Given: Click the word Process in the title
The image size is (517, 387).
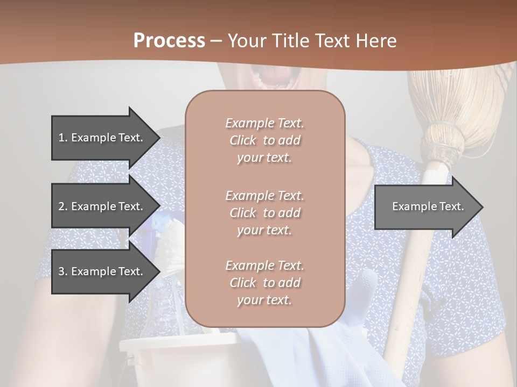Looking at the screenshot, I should (169, 41).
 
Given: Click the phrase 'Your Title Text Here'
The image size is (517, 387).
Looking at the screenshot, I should (312, 41).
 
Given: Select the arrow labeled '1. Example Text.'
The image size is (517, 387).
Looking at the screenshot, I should (102, 138).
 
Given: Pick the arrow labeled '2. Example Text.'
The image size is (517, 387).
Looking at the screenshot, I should (102, 206).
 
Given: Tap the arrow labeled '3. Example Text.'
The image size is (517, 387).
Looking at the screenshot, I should (102, 271).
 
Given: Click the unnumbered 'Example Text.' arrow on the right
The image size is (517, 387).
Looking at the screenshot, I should (428, 206).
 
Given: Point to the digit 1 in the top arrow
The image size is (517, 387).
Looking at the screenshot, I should (61, 138).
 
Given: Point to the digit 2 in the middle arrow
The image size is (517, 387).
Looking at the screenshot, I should (61, 206).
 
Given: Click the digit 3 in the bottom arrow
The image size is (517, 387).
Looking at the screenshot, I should (61, 271).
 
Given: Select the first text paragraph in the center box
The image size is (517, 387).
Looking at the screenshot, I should (265, 140).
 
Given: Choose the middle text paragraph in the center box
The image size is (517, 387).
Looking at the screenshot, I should (265, 213).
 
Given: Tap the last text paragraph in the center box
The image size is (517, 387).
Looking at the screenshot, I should (265, 283).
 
